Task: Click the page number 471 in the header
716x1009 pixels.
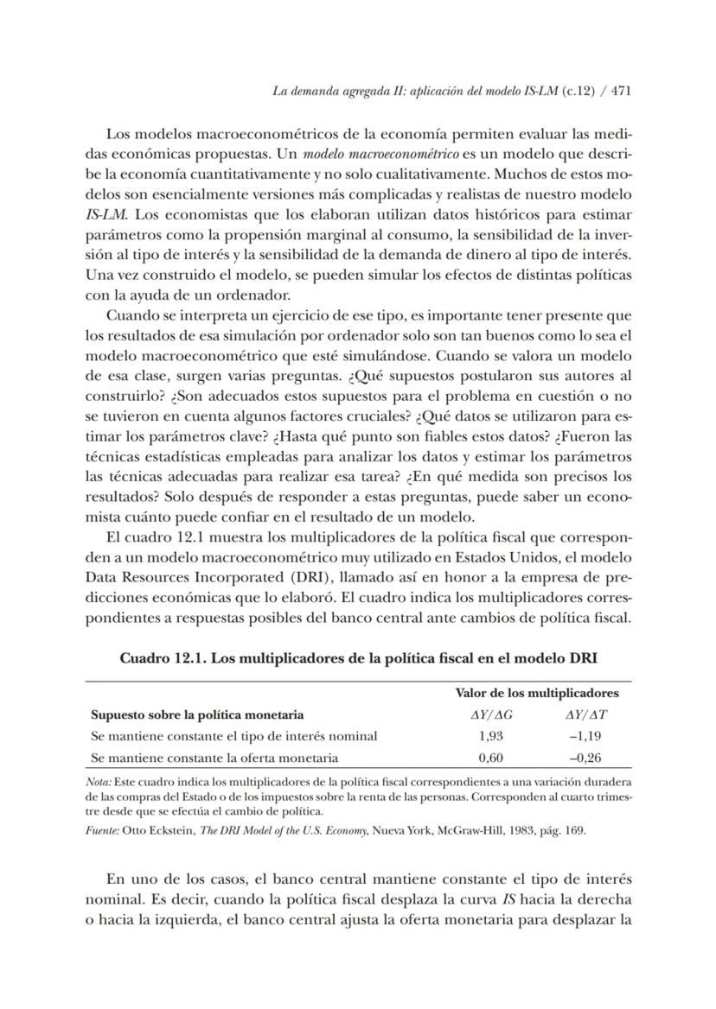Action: tap(622, 92)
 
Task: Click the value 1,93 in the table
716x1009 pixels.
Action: tap(491, 736)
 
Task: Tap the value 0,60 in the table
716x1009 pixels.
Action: tap(491, 758)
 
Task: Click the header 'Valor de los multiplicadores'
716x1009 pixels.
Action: tap(536, 693)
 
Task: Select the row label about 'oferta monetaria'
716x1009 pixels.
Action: tap(214, 758)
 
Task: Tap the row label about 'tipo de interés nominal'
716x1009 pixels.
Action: tap(233, 736)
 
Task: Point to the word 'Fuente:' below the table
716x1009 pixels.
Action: tap(104, 830)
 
